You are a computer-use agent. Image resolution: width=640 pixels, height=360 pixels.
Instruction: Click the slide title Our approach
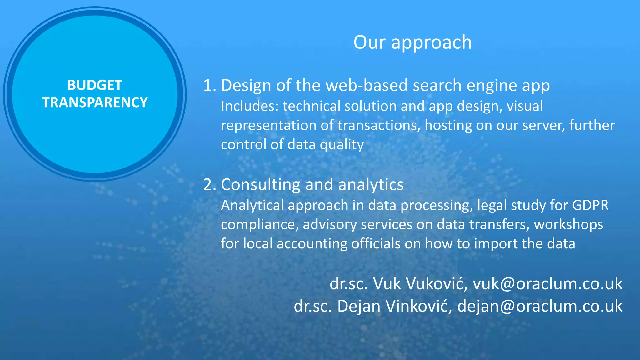point(412,42)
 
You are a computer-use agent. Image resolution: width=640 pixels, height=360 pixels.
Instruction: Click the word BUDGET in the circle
point(95,85)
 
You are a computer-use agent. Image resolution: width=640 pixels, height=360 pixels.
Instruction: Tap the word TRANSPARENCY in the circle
point(95,102)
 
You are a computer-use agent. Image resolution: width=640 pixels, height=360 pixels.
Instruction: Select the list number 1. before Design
point(210,85)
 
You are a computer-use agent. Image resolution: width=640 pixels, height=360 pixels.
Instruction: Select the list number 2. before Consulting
point(210,185)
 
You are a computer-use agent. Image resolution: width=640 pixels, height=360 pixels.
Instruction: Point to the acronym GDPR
point(590,206)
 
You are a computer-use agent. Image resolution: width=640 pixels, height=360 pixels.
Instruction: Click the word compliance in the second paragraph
point(259,225)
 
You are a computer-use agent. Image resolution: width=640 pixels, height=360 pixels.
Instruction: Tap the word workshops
point(568,225)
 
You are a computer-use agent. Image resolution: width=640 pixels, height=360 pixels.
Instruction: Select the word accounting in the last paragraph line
point(312,244)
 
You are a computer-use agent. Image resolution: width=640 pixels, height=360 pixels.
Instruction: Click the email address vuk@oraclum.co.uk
point(547,284)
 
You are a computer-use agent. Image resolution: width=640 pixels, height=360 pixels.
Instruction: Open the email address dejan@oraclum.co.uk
point(540,306)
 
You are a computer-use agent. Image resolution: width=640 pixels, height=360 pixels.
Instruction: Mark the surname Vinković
point(418,306)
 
